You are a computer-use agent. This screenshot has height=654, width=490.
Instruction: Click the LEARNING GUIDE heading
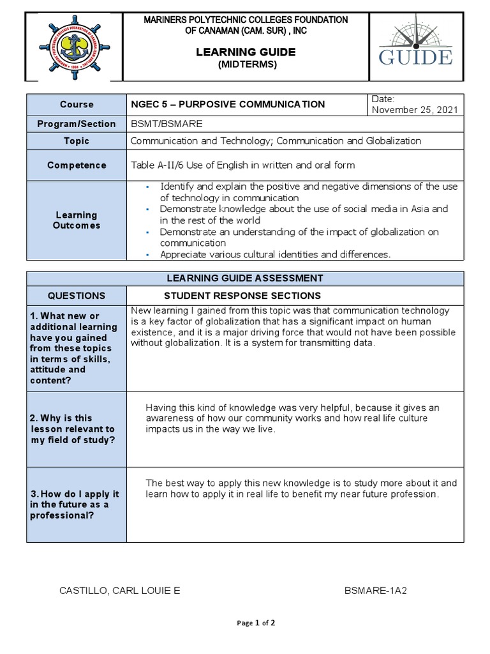[246, 52]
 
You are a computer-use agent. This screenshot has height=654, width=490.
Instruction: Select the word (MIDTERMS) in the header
[246, 65]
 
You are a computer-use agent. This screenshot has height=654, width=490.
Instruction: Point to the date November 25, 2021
[415, 110]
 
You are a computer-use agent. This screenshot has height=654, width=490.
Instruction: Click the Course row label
[77, 104]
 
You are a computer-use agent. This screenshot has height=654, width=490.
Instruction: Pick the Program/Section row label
[77, 124]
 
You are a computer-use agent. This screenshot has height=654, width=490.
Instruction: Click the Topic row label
[77, 141]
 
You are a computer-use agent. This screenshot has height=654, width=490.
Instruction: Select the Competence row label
[77, 165]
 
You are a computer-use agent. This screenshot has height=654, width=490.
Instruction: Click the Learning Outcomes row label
[77, 220]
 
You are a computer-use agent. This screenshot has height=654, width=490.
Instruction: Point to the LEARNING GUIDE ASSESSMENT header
[245, 278]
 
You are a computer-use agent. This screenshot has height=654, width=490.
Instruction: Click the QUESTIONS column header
[77, 296]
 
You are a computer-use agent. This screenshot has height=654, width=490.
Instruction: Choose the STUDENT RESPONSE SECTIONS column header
[242, 296]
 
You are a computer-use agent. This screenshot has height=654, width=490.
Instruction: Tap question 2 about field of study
[73, 429]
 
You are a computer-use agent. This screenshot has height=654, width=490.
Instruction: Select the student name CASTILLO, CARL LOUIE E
[119, 591]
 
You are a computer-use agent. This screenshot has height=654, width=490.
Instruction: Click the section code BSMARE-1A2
[375, 591]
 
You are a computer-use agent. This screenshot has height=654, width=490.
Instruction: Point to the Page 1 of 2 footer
[256, 623]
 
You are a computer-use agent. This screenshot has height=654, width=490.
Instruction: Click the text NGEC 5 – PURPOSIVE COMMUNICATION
[228, 104]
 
